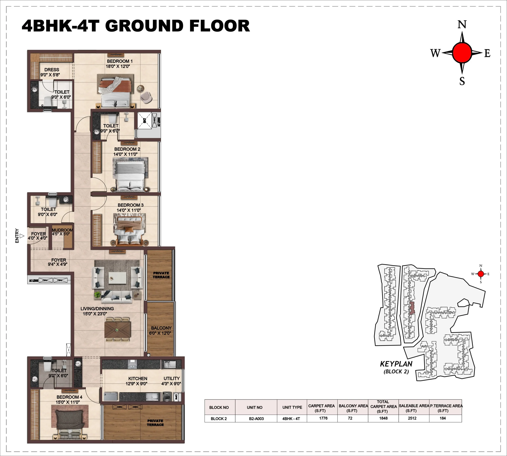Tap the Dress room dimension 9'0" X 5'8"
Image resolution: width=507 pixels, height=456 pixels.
[50, 75]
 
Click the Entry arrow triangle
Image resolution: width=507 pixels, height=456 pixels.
[22, 236]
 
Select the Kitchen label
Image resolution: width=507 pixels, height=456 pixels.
[137, 379]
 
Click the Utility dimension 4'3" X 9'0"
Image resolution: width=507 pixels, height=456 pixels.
[171, 384]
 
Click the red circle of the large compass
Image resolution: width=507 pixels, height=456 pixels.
[462, 53]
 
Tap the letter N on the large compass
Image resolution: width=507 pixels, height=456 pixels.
[462, 25]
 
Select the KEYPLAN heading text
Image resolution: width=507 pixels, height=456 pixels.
[396, 364]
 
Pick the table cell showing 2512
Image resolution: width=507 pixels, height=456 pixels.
[412, 418]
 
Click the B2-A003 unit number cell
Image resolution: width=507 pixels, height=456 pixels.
[256, 418]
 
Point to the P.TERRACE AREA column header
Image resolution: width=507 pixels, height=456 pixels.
[446, 408]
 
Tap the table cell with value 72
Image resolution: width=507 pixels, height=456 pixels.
[350, 418]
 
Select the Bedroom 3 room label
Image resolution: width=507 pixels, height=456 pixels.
[131, 205]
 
